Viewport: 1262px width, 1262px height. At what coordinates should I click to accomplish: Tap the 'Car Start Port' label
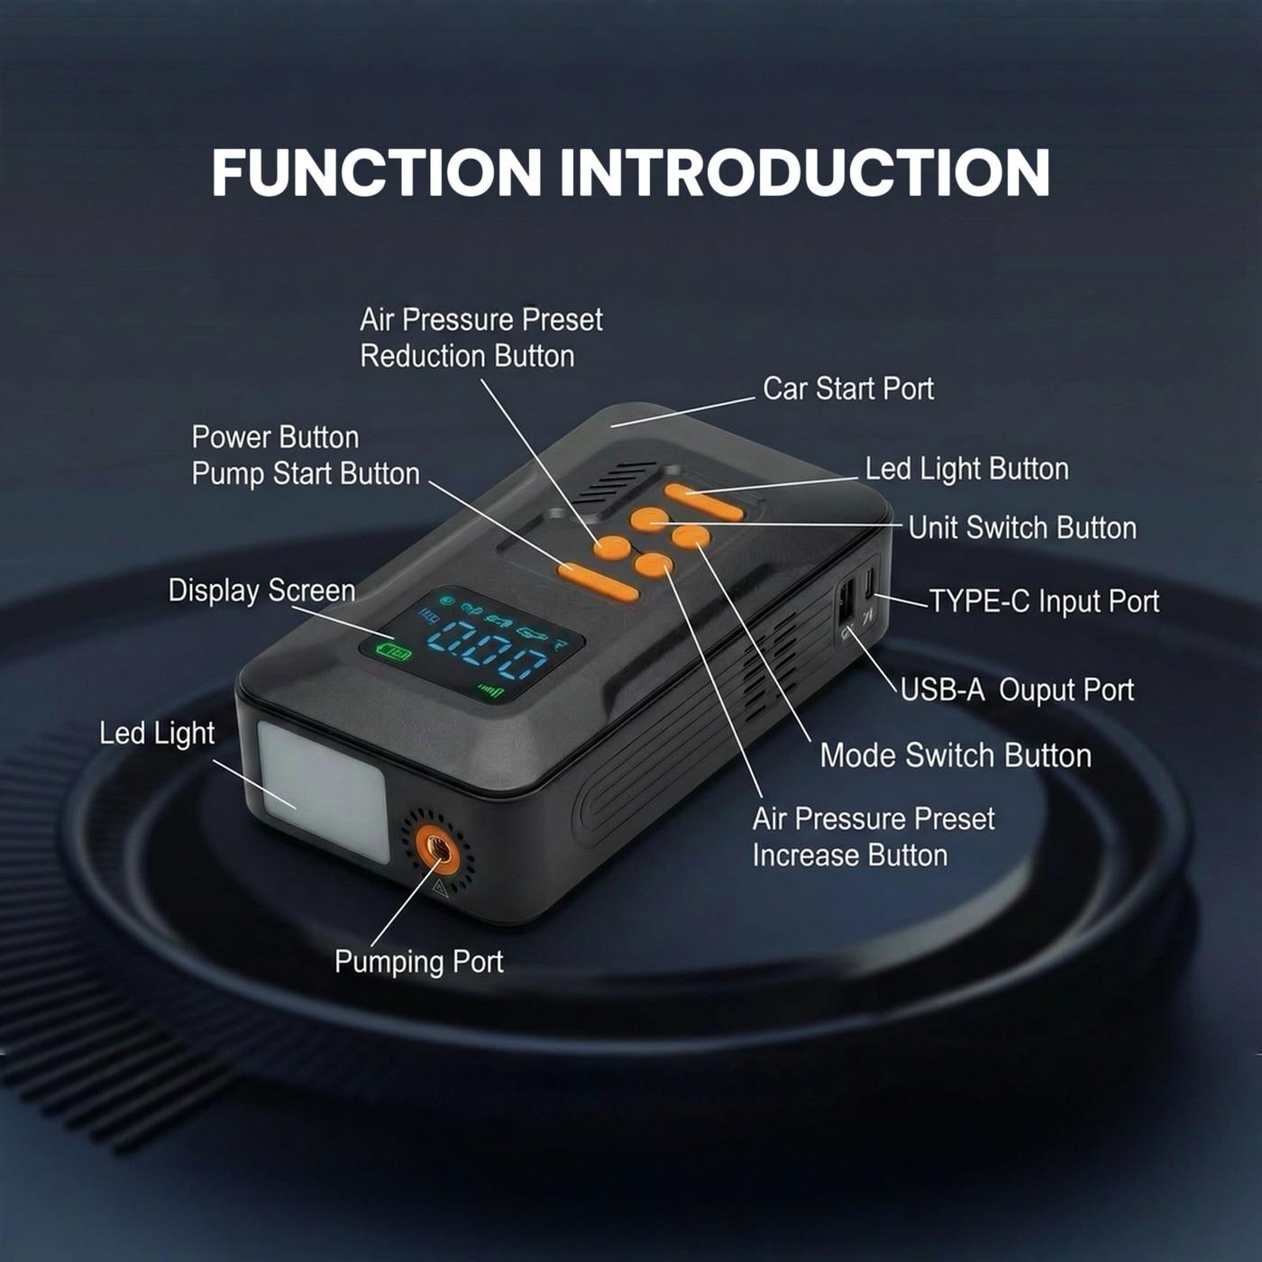coord(847,389)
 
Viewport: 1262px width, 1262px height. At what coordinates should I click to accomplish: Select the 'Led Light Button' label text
coord(966,469)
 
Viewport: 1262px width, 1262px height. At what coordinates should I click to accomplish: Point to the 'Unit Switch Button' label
coord(1021,527)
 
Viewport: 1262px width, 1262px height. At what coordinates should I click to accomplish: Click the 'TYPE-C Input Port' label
coord(1044,601)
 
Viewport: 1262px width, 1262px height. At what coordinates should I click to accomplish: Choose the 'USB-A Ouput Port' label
coord(1017,690)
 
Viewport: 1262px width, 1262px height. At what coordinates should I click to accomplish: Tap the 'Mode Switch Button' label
coord(956,755)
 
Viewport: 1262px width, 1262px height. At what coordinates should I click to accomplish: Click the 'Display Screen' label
coord(261,590)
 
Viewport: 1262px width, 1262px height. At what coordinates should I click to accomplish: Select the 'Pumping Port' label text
coord(418,962)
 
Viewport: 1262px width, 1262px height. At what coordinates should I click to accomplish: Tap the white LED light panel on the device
coord(323,791)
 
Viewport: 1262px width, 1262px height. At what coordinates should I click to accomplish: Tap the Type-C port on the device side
coord(870,585)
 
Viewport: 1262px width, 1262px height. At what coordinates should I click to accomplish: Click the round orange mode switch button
coord(691,537)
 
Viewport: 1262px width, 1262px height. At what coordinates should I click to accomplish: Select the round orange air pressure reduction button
coord(612,546)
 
